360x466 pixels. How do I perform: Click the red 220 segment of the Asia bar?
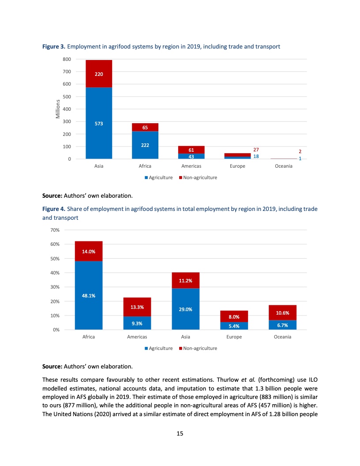[99, 74]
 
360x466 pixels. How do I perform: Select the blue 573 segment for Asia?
[99, 124]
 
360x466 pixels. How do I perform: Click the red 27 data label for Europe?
[256, 150]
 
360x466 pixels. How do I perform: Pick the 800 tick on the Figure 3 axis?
[67, 59]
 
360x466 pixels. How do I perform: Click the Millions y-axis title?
[58, 109]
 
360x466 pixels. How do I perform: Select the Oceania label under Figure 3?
[283, 166]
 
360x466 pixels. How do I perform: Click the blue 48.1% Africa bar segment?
[89, 295]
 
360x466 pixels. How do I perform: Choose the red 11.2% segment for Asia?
[185, 280]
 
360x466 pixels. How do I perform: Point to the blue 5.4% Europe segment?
[234, 326]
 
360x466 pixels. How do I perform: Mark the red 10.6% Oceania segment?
[282, 312]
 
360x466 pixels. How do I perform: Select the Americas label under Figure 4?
[137, 337]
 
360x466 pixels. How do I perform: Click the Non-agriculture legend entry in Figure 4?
[200, 349]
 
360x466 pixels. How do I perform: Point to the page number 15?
[180, 434]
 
